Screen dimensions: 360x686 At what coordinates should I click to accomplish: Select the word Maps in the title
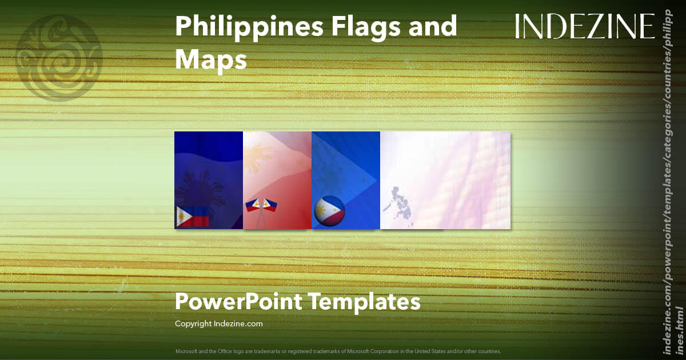(211, 59)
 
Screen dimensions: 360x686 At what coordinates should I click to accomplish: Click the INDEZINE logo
(585, 26)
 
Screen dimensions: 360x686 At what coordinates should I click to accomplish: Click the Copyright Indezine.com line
(218, 324)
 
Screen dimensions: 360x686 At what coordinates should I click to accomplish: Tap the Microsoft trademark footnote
(338, 351)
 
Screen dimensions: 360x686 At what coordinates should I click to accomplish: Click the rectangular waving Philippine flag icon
(192, 217)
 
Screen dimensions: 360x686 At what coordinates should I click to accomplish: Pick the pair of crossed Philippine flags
(261, 206)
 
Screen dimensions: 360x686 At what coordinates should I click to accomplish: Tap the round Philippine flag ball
(329, 211)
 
